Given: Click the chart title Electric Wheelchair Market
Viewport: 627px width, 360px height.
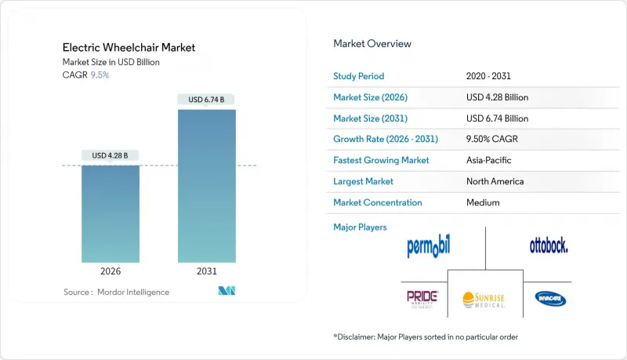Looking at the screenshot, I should (129, 47).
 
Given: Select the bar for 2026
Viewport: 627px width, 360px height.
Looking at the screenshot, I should (111, 213).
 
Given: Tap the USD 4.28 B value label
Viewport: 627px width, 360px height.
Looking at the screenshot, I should (111, 155).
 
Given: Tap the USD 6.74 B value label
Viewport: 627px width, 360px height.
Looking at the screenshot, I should (207, 100).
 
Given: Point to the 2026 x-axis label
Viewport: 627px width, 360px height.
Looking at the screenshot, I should (111, 271).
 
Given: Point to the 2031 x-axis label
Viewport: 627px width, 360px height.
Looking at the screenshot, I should (207, 271).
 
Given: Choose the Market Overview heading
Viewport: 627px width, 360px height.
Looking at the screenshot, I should (372, 44).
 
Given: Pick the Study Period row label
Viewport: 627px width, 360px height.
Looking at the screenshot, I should (360, 76).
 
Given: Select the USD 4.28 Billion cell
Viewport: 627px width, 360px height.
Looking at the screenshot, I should (497, 97).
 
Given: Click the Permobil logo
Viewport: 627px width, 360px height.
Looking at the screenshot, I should (429, 247).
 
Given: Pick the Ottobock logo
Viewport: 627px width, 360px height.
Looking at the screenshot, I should (549, 246).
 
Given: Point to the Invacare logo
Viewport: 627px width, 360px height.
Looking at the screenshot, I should (551, 299).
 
